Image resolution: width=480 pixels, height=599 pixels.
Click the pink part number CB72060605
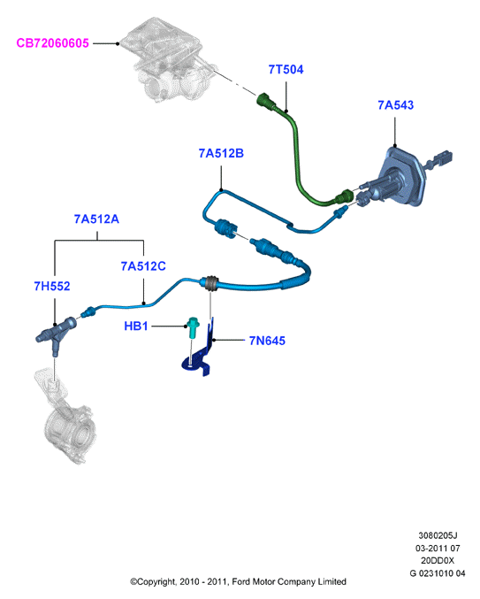pyautogui.click(x=53, y=43)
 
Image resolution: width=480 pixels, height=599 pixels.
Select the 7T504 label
pyautogui.click(x=286, y=70)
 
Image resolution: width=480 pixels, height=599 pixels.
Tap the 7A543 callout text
pyautogui.click(x=396, y=105)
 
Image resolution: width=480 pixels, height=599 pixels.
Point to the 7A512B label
pyautogui.click(x=221, y=153)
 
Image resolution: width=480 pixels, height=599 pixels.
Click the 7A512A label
pyautogui.click(x=96, y=219)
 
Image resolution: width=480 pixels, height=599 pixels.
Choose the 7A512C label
pyautogui.click(x=143, y=266)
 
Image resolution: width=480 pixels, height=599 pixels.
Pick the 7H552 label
pyautogui.click(x=52, y=286)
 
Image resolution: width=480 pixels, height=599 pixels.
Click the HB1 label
pyautogui.click(x=136, y=326)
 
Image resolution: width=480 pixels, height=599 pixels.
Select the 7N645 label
pyautogui.click(x=267, y=341)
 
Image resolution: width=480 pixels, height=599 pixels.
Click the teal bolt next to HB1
pyautogui.click(x=192, y=327)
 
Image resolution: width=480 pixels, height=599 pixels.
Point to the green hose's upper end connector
pyautogui.click(x=267, y=101)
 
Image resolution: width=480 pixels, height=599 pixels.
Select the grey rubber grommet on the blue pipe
pyautogui.click(x=210, y=283)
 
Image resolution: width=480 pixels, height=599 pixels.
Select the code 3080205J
pyautogui.click(x=438, y=535)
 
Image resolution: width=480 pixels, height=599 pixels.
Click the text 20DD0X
pyautogui.click(x=438, y=560)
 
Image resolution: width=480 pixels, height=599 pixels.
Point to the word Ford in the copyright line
pyautogui.click(x=241, y=581)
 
